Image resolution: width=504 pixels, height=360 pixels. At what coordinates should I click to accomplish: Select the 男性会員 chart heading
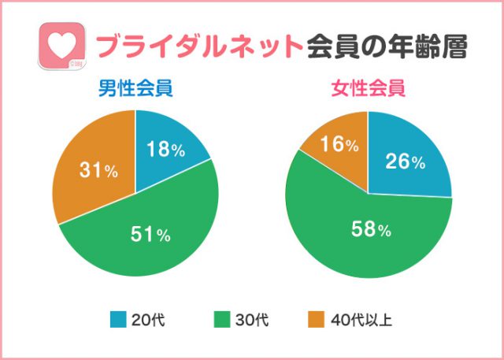[x=135, y=88]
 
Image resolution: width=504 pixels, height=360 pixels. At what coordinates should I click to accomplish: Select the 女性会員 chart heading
[x=368, y=88]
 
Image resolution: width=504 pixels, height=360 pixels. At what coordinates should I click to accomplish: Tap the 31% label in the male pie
[x=98, y=171]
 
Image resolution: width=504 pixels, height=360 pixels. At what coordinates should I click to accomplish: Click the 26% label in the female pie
[x=405, y=163]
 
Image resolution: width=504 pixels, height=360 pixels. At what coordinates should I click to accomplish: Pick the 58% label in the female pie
[x=370, y=230]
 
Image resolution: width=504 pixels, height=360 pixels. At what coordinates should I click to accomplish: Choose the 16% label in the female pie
[x=341, y=145]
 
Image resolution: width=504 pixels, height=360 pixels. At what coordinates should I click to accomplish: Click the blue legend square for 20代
[x=118, y=320]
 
